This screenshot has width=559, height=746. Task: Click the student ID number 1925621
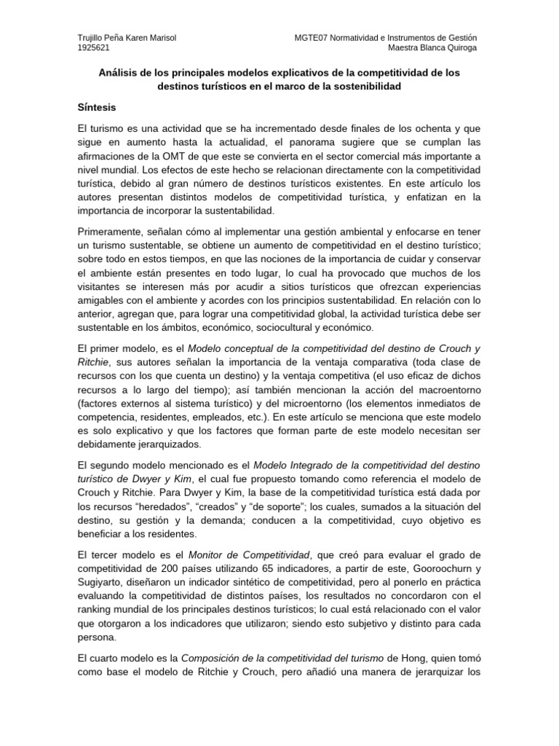coord(94,48)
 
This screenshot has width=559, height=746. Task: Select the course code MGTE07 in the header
coord(312,38)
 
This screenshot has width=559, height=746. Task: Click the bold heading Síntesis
coord(97,106)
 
